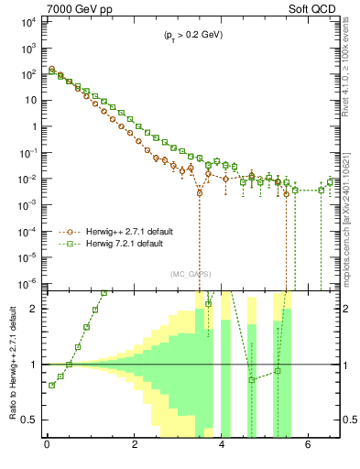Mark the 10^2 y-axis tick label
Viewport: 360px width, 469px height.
(32, 73)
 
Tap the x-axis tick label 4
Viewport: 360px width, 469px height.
(223, 446)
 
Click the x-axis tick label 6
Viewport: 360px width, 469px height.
(311, 446)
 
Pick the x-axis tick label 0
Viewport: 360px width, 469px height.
(47, 446)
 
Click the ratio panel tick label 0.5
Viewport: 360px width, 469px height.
(33, 420)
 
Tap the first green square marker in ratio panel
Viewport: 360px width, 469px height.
(51, 385)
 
